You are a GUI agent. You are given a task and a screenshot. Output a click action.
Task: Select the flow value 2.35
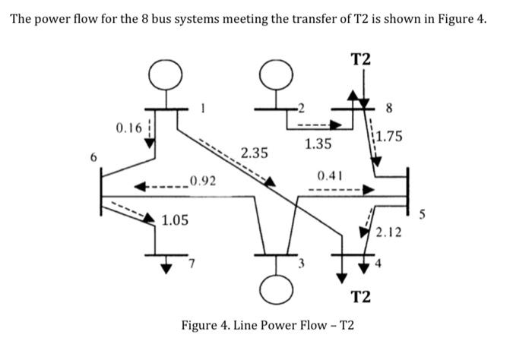pos(254,153)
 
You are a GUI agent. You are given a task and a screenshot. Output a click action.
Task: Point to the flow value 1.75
pos(390,137)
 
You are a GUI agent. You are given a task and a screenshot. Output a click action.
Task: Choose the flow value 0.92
pos(203,181)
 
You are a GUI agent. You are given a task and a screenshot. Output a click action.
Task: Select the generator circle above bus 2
pos(271,74)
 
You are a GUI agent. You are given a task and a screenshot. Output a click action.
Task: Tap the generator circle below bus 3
pos(273,287)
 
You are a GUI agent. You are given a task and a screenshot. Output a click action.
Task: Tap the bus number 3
pos(301,264)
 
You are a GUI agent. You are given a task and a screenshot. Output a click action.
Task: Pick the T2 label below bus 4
pos(360,295)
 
